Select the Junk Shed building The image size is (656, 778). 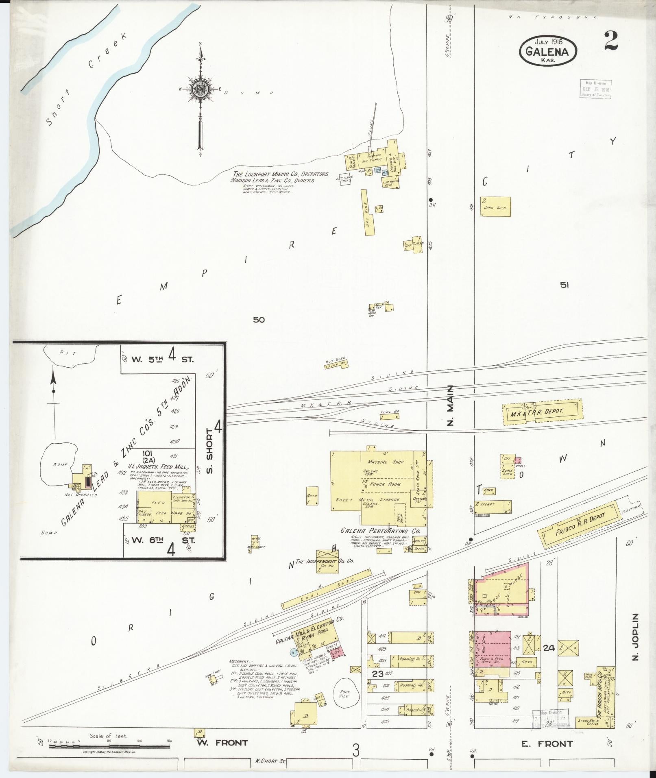495,207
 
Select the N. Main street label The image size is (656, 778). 450,405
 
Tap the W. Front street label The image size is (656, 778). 222,743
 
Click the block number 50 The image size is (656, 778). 259,320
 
